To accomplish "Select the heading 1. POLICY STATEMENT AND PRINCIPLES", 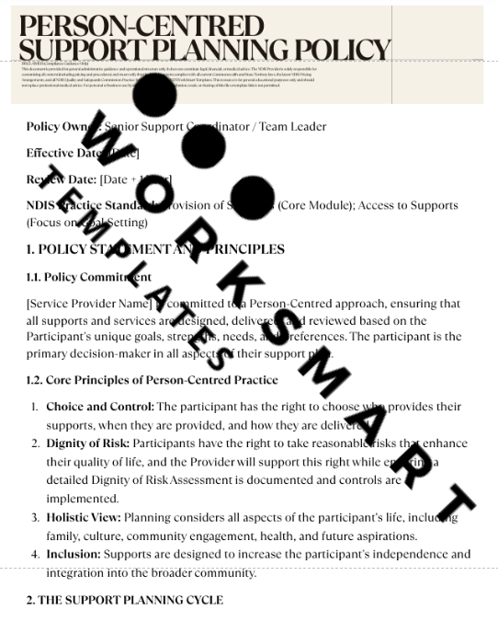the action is [155, 249].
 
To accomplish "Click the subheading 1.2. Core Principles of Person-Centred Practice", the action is [153, 380].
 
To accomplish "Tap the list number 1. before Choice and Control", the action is [35, 407].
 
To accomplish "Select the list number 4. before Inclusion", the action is [35, 555].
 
